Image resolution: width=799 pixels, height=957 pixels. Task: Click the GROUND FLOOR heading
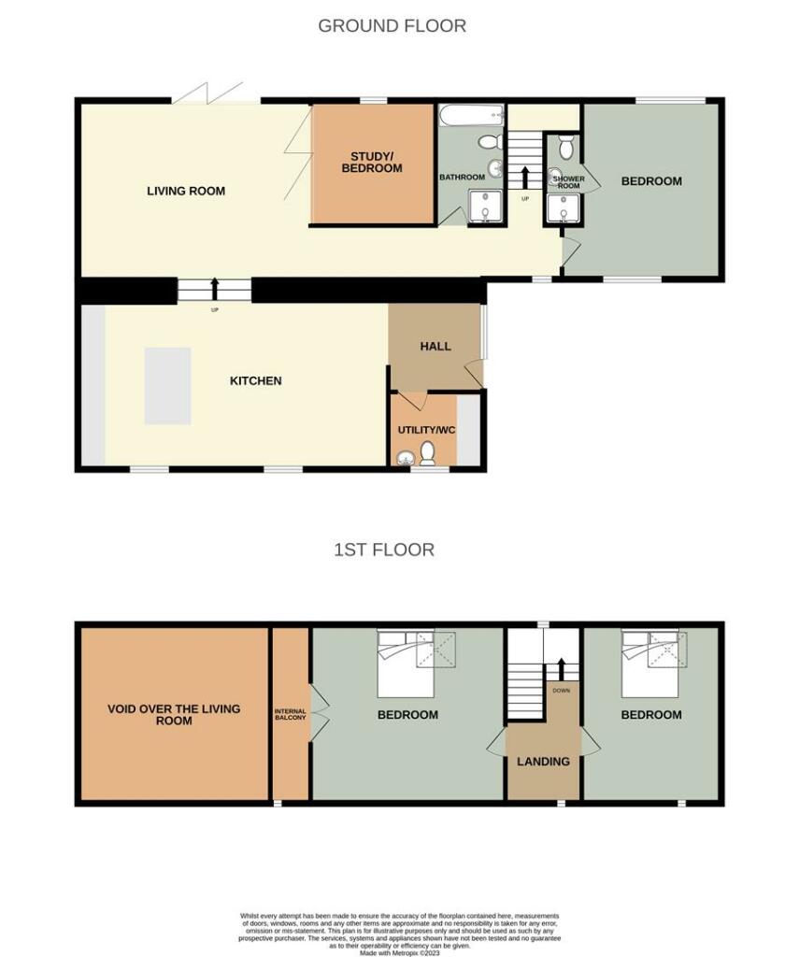(x=392, y=26)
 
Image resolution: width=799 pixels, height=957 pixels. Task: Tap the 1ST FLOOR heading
(x=384, y=550)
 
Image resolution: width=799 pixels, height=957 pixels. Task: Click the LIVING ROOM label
(x=186, y=192)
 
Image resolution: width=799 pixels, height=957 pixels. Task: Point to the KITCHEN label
(x=255, y=381)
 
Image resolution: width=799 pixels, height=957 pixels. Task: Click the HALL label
(x=435, y=347)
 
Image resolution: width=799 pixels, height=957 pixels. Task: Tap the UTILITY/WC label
(x=422, y=430)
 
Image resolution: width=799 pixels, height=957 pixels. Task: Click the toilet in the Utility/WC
(x=428, y=453)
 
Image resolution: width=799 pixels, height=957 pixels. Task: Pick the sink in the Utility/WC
(x=406, y=458)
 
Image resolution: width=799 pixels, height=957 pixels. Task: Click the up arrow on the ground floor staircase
(x=524, y=177)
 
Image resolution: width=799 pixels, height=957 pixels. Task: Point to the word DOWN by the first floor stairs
(x=561, y=692)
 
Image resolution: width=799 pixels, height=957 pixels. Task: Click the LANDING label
(x=543, y=762)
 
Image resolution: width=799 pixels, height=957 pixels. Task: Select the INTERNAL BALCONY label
(x=290, y=715)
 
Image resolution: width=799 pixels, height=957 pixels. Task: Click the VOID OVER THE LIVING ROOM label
(x=174, y=715)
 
